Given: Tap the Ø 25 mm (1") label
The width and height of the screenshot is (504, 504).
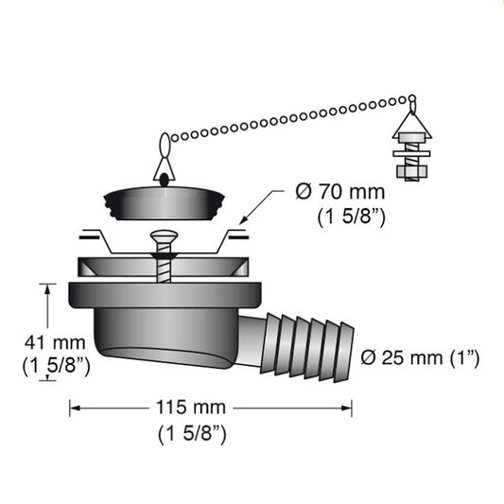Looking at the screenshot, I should click(420, 358).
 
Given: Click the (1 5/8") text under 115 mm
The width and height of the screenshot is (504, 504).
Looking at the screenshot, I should click(193, 434).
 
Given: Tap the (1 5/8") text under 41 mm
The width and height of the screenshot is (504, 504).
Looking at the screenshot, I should click(56, 367).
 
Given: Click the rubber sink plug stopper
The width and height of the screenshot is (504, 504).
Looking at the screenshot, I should click(163, 202).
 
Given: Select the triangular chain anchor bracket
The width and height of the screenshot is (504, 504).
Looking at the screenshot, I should click(411, 124).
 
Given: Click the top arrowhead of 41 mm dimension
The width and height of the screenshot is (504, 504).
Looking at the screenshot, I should click(44, 287).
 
